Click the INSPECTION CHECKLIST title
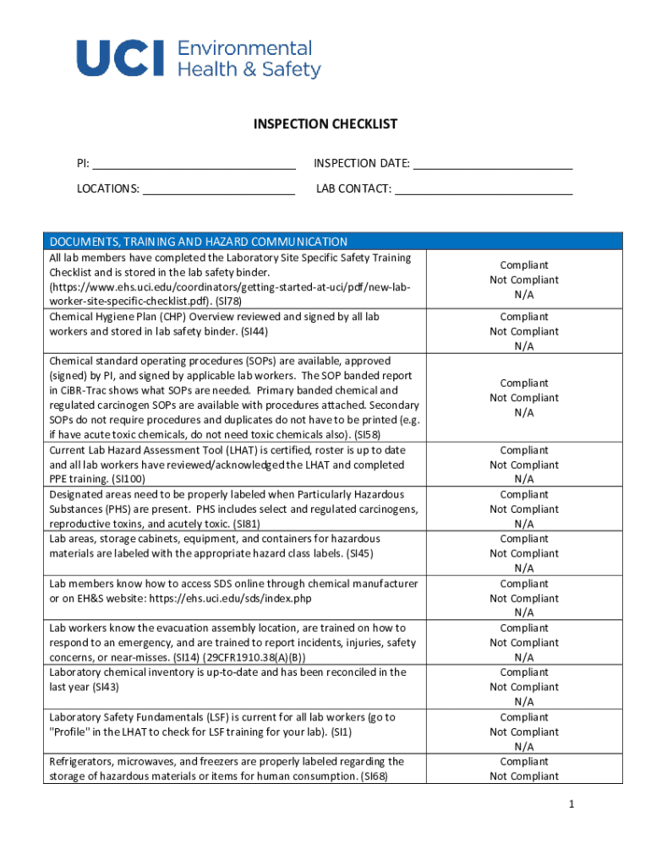tap(325, 124)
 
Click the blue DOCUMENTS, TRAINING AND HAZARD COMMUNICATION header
tap(199, 242)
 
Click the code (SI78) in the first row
tap(229, 301)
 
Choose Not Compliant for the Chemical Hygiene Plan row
tap(524, 331)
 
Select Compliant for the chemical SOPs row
tap(524, 383)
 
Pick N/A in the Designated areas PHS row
tap(524, 524)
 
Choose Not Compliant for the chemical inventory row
tap(524, 687)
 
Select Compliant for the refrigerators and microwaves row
tap(524, 761)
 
